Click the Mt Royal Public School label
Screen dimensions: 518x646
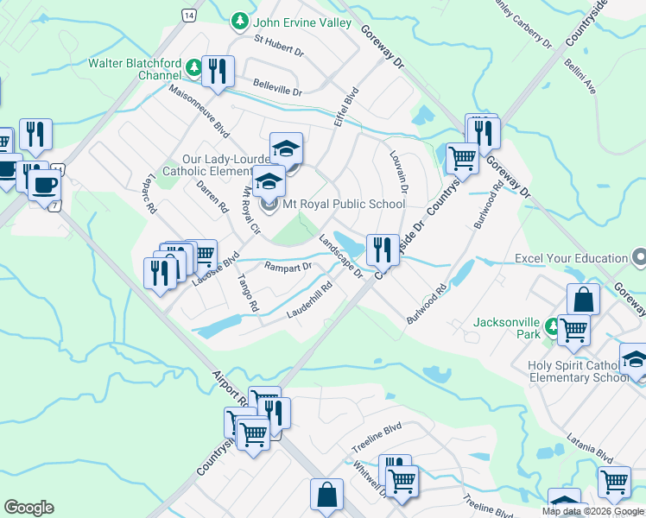pyautogui.click(x=343, y=205)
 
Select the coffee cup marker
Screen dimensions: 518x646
pyautogui.click(x=44, y=184)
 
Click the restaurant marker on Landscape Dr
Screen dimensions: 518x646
pyautogui.click(x=382, y=250)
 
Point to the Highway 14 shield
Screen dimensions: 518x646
pyautogui.click(x=188, y=15)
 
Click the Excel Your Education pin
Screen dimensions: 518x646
pyautogui.click(x=638, y=258)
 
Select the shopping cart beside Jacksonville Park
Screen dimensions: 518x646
pyautogui.click(x=573, y=330)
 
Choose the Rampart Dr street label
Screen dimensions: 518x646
pyautogui.click(x=288, y=268)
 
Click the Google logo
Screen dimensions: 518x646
pyautogui.click(x=28, y=508)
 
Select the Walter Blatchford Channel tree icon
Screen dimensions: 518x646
pyautogui.click(x=195, y=66)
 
